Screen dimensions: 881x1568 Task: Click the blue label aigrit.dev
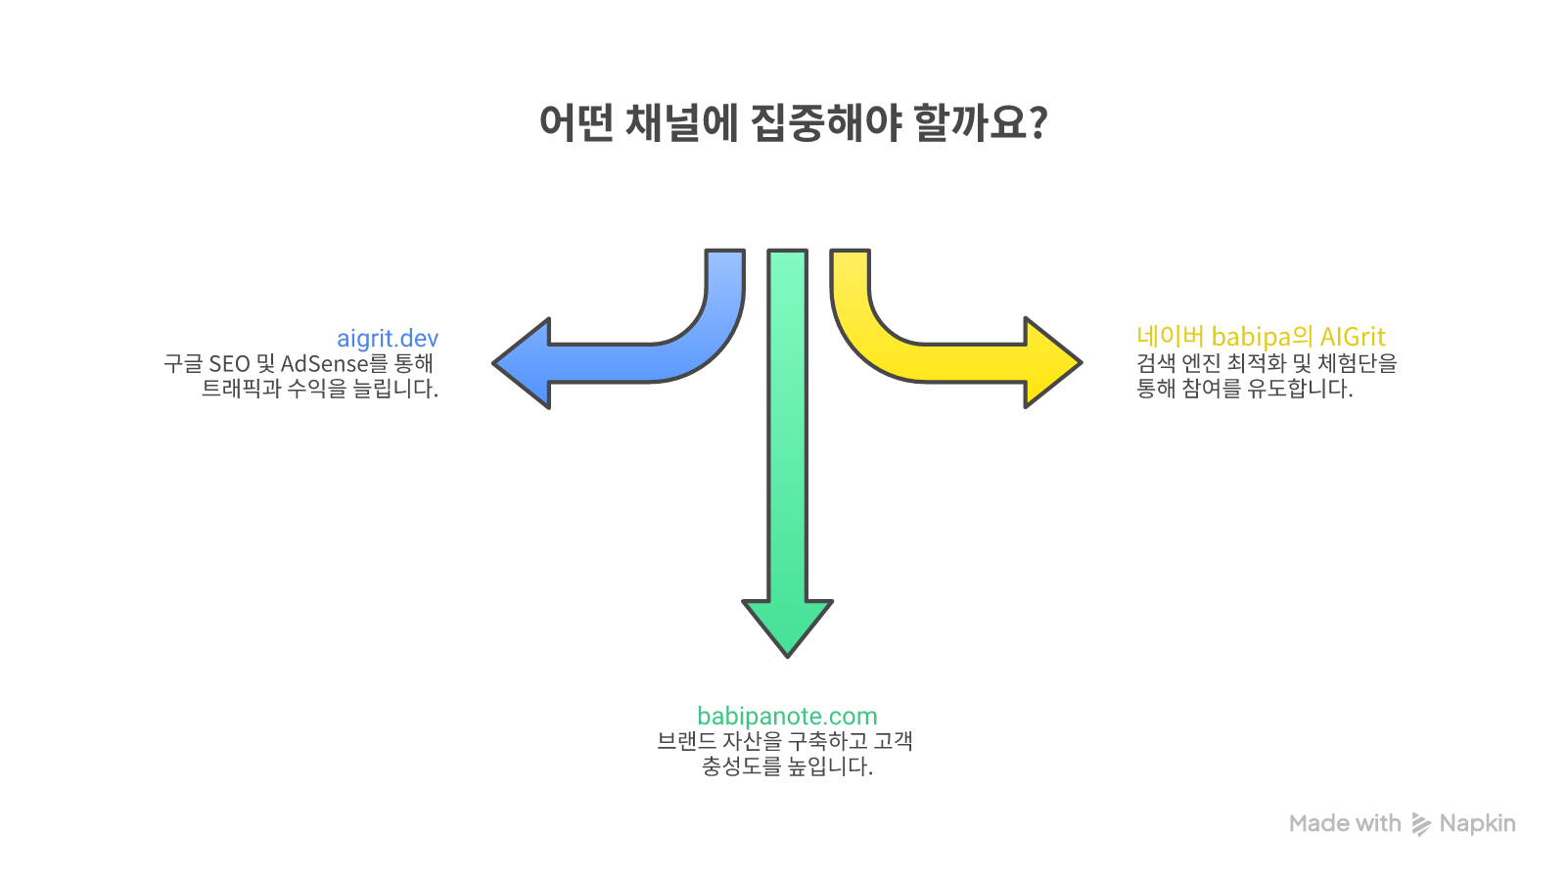click(x=388, y=339)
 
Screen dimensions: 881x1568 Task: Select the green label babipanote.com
click(x=787, y=717)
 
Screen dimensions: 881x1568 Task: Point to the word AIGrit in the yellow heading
click(x=1353, y=337)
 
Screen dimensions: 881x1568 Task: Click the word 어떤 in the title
click(x=576, y=123)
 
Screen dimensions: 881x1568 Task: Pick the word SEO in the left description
click(x=229, y=364)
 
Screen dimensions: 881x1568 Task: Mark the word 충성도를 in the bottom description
click(x=741, y=766)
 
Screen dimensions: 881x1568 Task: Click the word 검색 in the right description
click(x=1155, y=363)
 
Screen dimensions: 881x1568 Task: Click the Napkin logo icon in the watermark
click(x=1420, y=824)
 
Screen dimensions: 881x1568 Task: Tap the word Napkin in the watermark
click(x=1477, y=824)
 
